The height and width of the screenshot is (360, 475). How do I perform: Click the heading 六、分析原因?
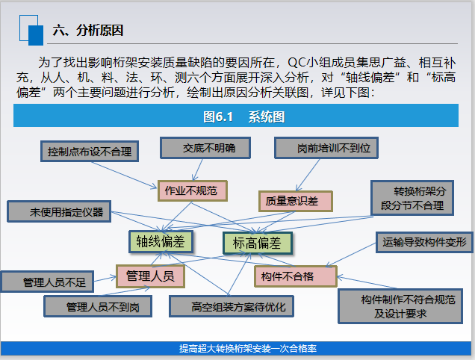87,31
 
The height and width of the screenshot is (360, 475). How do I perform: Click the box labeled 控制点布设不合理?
88,152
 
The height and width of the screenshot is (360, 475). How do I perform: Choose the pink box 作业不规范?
191,190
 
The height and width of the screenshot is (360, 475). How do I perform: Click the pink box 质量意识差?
295,200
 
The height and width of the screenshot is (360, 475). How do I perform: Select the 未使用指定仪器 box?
59,211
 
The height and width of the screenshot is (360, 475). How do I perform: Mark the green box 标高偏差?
257,243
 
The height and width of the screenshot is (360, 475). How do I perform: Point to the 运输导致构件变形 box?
423,242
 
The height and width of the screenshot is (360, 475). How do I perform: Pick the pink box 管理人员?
149,276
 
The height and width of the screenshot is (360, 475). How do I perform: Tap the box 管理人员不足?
53,282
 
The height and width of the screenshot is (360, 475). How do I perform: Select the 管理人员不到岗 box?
98,306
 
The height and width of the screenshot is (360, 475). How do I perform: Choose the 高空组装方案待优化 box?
232,306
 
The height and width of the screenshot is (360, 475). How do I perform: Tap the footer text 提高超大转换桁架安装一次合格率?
237,348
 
